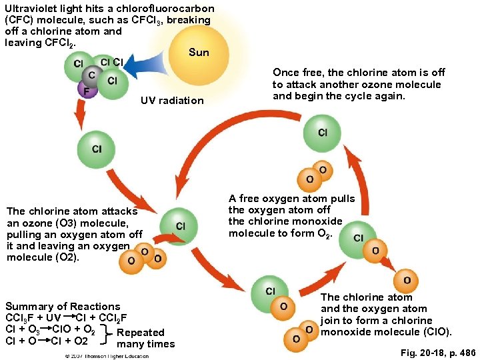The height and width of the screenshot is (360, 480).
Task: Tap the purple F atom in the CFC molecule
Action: click(x=85, y=89)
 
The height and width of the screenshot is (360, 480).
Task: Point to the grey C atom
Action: click(x=91, y=75)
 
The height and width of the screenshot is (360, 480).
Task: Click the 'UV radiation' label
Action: click(x=172, y=101)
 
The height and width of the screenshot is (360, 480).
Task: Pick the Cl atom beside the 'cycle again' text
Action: click(x=322, y=133)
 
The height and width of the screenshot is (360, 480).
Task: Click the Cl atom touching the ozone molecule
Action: click(x=179, y=226)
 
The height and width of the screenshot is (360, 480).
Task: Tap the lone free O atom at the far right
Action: click(x=406, y=281)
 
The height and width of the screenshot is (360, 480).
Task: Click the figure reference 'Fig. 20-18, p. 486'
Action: click(x=438, y=351)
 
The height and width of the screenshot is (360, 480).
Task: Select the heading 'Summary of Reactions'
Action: click(x=63, y=306)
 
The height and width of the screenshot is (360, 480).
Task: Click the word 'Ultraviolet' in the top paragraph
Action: click(x=32, y=9)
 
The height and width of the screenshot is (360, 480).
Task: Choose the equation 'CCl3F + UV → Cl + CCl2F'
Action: click(x=66, y=317)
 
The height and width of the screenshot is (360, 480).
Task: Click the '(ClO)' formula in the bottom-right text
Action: click(x=437, y=331)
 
